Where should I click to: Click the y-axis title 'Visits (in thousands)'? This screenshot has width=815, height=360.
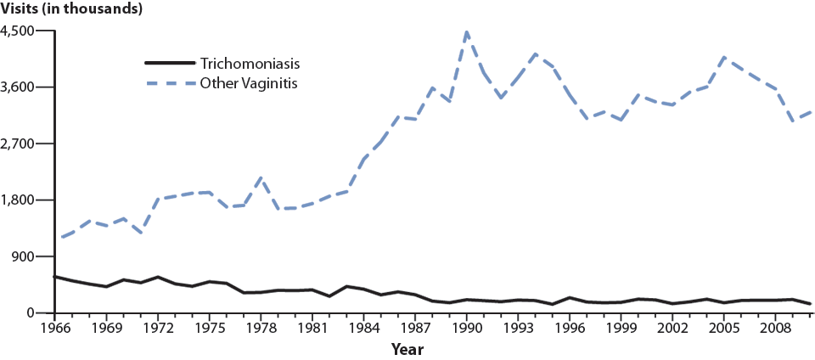pos(71,9)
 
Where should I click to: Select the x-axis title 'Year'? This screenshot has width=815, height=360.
pos(407,349)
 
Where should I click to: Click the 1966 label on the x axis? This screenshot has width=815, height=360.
pos(55,327)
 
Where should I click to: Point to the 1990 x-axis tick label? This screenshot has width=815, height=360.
pos(466,327)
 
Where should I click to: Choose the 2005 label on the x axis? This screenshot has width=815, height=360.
pos(723,327)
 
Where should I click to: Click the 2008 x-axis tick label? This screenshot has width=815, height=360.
pos(774,327)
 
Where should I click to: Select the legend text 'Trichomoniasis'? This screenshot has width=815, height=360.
pos(250,64)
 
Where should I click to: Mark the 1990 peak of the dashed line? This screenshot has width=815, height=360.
pos(466,31)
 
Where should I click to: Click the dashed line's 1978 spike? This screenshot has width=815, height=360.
pos(261,177)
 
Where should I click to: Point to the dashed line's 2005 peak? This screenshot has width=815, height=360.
pos(723,57)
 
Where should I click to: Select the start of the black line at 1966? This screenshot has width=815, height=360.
pos(55,277)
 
